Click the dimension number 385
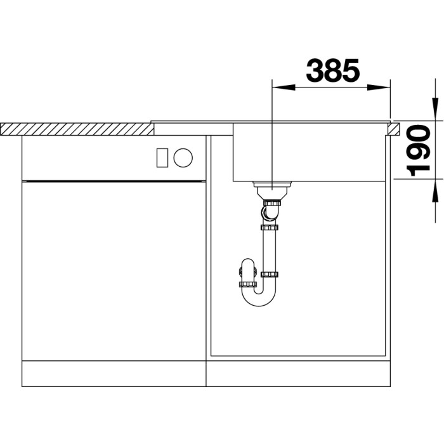(333, 70)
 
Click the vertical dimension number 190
(418, 151)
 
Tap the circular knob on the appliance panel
(183, 158)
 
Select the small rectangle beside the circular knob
(162, 158)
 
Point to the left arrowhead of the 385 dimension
(283, 88)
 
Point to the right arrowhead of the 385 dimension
(379, 88)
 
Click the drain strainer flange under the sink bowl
(272, 185)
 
